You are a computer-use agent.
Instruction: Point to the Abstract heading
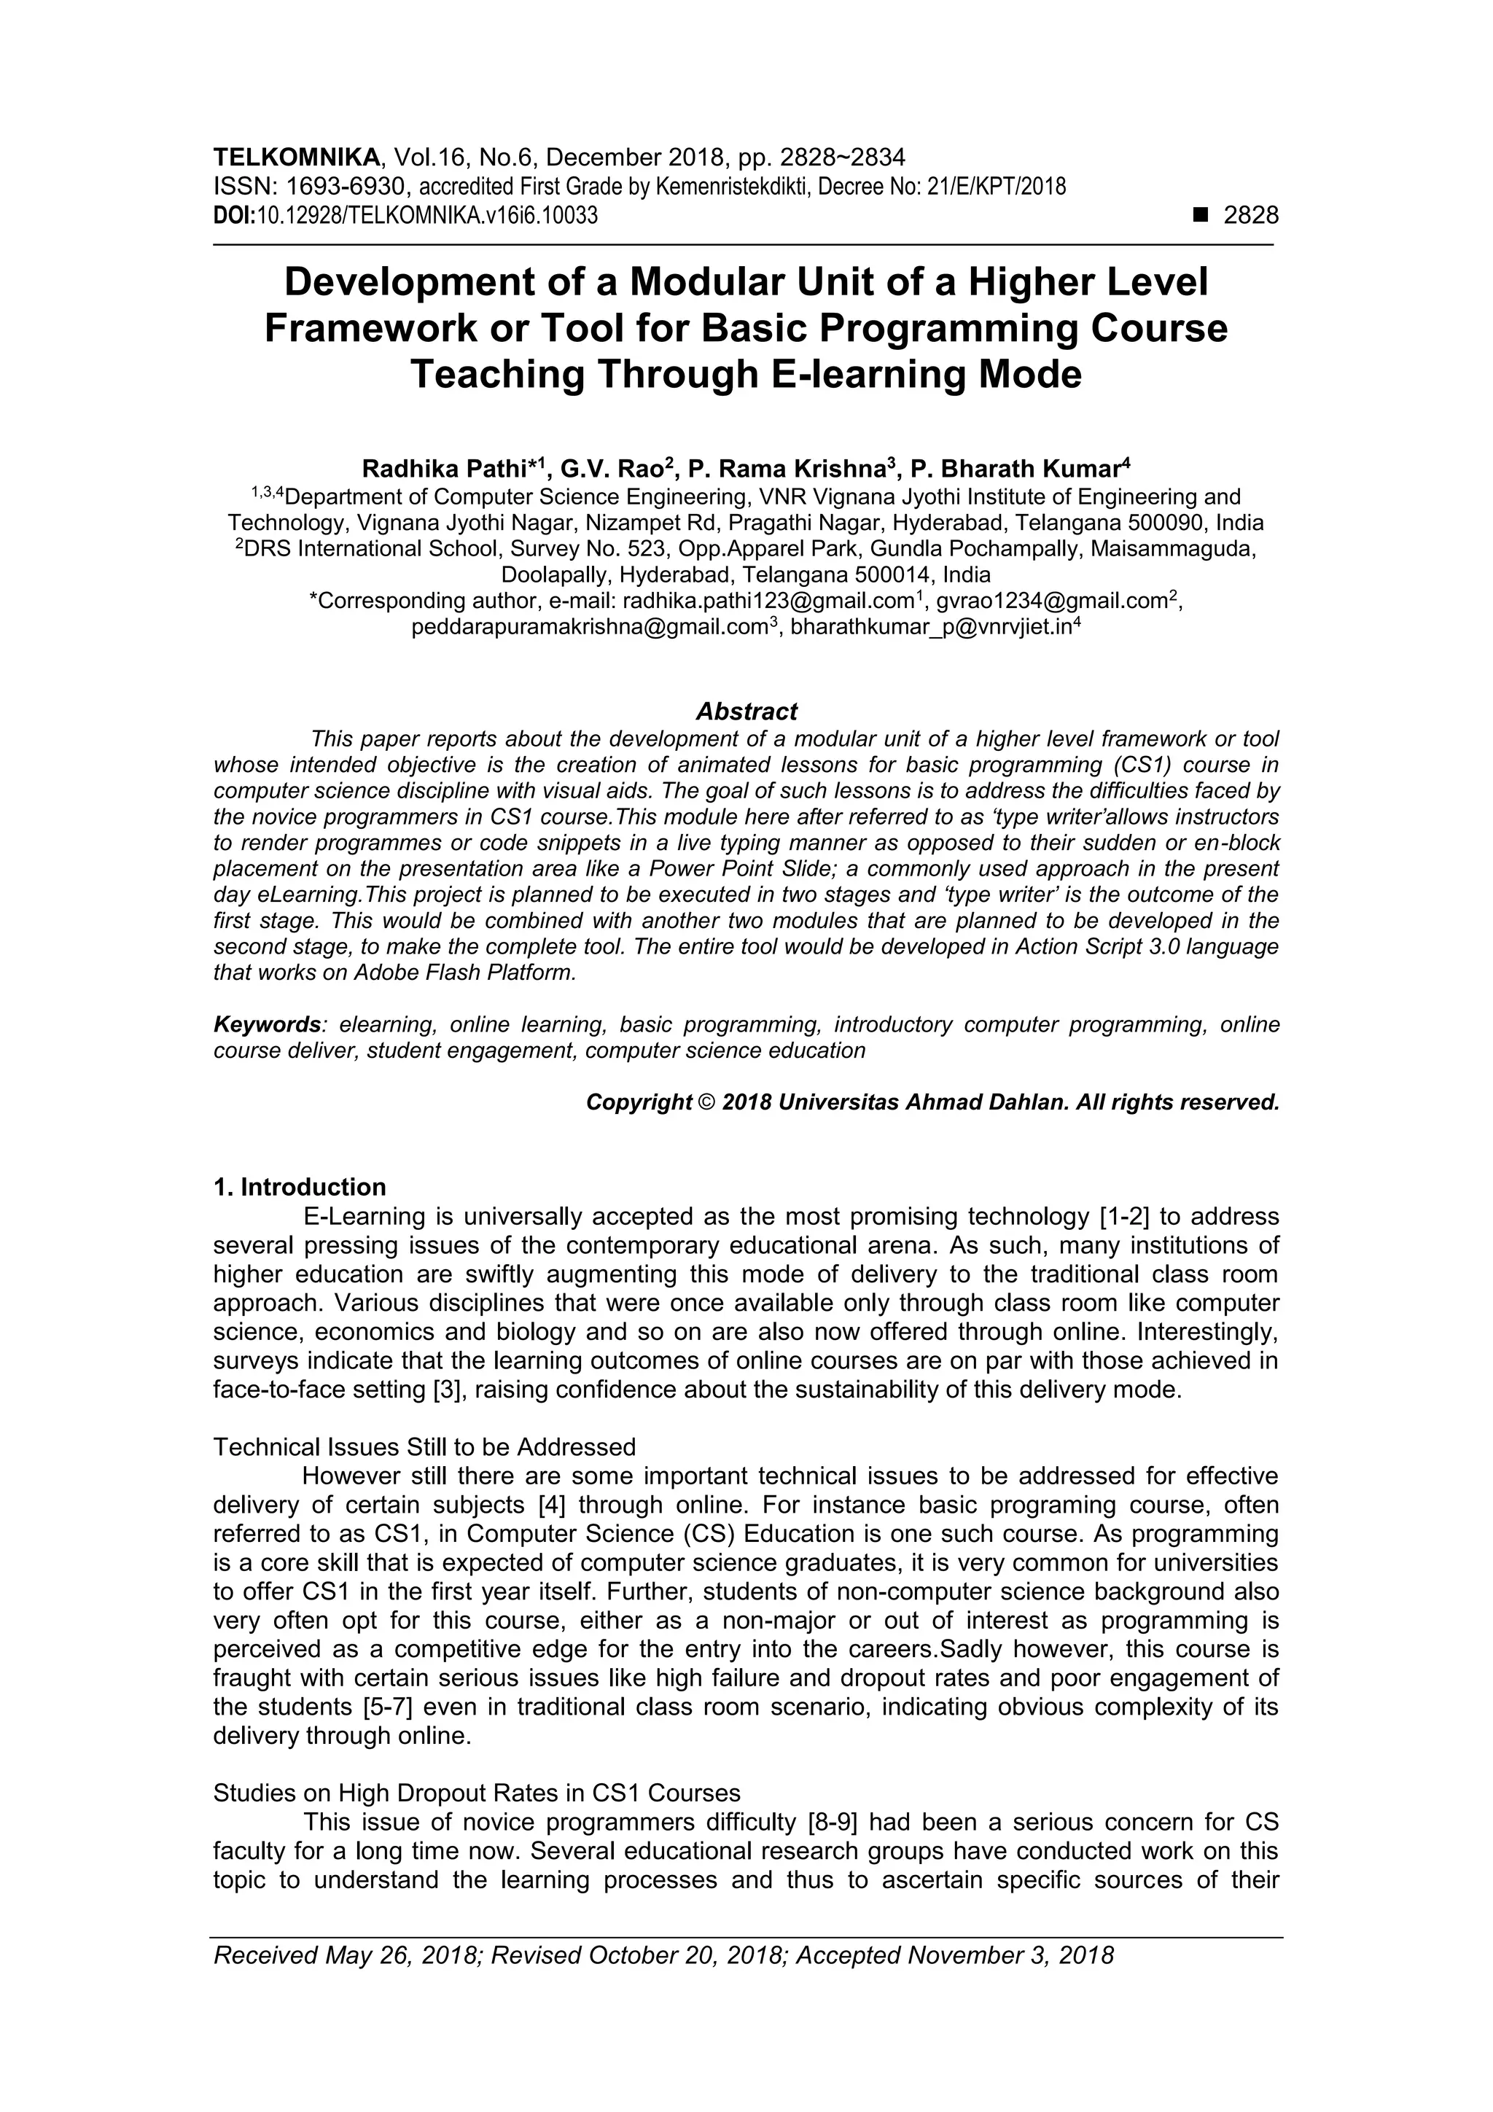(x=746, y=711)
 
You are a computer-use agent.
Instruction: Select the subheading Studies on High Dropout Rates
(x=477, y=1793)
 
